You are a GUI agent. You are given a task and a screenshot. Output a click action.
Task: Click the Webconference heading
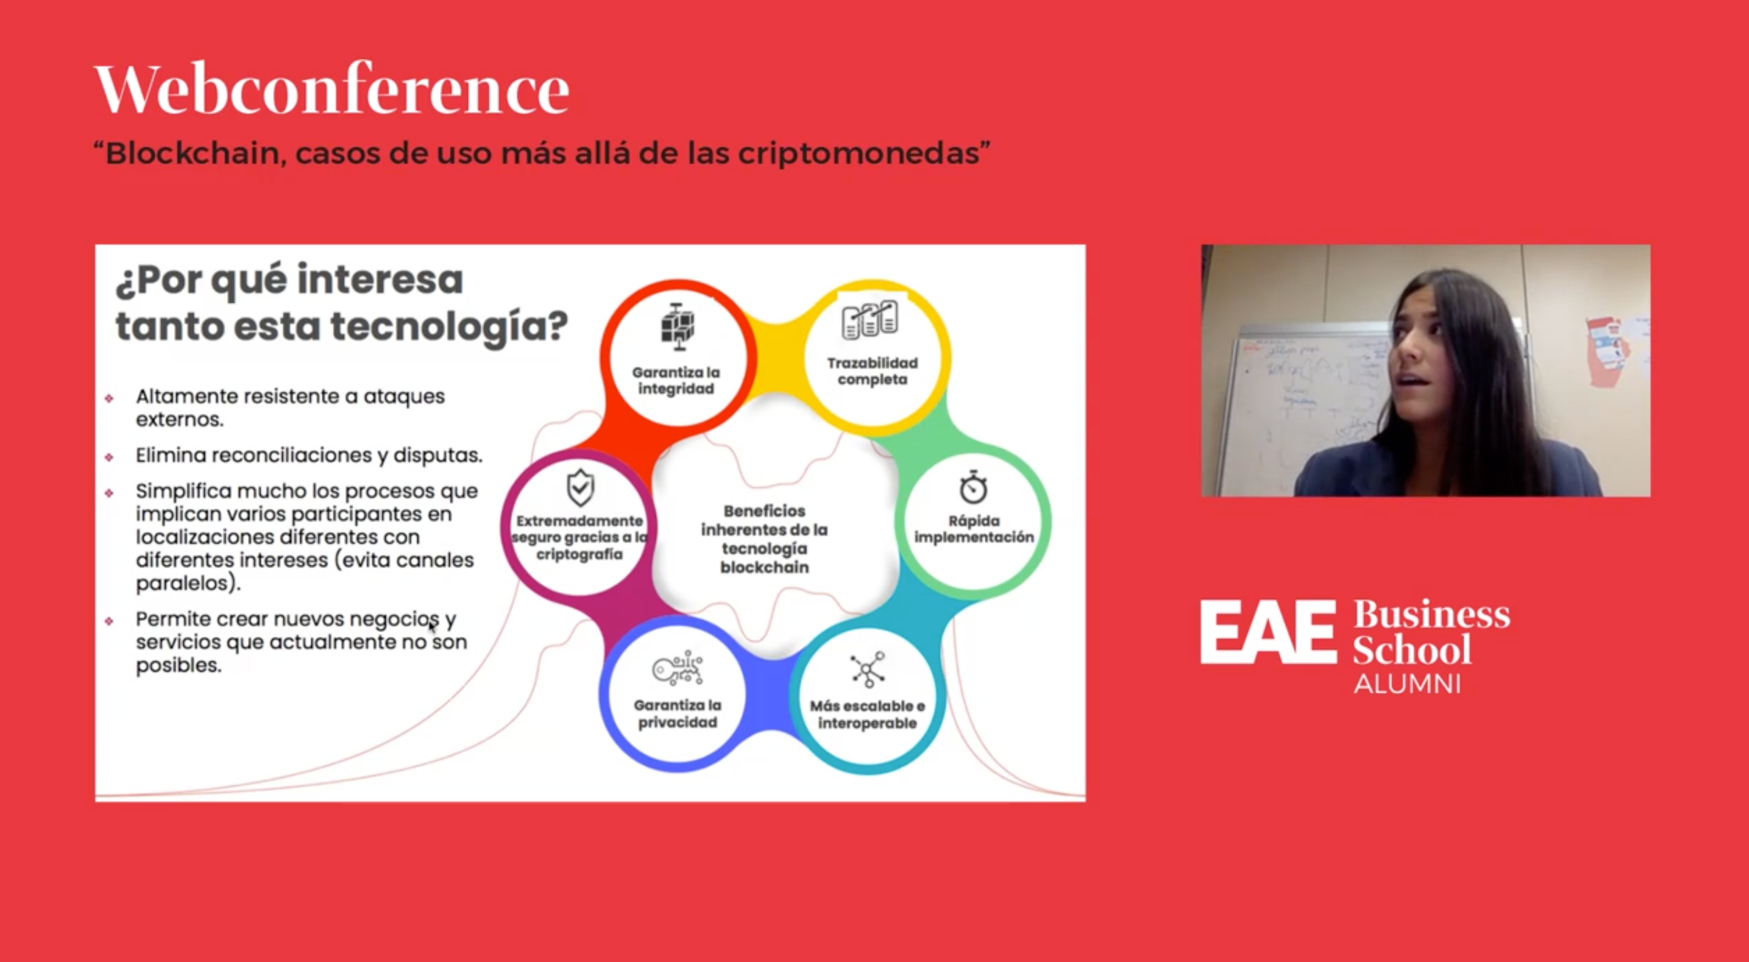[331, 90]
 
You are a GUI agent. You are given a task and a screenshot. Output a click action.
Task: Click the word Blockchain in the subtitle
[192, 154]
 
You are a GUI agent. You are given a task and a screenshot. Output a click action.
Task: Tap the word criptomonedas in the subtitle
[859, 154]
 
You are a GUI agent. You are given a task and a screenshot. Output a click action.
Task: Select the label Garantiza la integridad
[676, 381]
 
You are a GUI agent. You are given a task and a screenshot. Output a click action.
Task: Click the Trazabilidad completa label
[872, 371]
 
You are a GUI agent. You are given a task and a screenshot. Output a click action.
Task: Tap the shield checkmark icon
[580, 487]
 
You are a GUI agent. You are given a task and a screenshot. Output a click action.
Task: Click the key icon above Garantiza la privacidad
[677, 669]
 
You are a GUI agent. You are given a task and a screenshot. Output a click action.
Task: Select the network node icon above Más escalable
[867, 669]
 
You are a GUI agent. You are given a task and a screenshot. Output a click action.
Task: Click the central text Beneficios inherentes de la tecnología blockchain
[764, 539]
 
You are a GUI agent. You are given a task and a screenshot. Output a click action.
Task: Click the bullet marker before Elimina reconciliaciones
[110, 457]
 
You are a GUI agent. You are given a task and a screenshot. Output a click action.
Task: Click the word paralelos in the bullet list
[187, 583]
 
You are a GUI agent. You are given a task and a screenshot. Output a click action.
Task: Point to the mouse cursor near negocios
[432, 626]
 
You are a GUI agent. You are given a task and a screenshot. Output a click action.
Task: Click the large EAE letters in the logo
[1267, 633]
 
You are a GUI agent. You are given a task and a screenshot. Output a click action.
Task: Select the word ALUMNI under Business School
[1407, 683]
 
